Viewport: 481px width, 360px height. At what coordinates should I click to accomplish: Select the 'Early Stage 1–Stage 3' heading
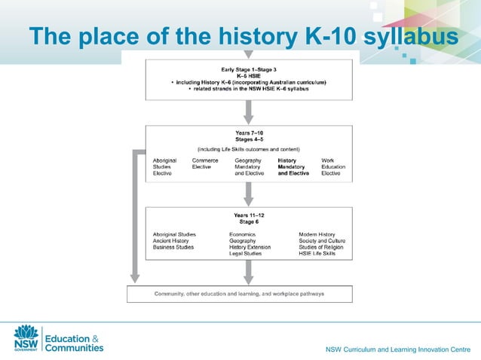click(x=248, y=69)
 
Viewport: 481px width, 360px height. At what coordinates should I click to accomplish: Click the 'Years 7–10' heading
click(x=248, y=132)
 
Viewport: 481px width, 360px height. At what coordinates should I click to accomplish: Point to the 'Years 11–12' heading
click(x=248, y=215)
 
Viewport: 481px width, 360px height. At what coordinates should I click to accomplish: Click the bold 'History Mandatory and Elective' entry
click(x=293, y=166)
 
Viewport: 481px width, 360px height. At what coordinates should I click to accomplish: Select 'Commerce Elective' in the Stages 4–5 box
click(x=205, y=163)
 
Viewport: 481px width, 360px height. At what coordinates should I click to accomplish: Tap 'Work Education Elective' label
click(x=333, y=166)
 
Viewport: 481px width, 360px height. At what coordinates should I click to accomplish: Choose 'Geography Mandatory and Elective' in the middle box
click(x=250, y=166)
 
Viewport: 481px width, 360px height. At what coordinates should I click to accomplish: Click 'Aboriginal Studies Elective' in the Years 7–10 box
click(x=165, y=166)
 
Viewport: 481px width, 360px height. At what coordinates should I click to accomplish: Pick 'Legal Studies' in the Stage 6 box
click(x=245, y=254)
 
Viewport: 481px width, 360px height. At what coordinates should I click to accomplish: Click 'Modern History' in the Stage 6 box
click(x=317, y=234)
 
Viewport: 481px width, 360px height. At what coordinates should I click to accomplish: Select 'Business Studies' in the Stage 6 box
click(x=173, y=247)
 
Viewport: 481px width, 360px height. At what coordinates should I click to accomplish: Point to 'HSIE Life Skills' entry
click(x=317, y=254)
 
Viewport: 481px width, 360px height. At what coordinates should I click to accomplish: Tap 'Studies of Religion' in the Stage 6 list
click(x=320, y=247)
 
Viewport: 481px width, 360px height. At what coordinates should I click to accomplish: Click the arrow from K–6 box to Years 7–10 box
click(x=248, y=111)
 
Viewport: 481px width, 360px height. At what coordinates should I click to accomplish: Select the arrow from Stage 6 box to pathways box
click(x=248, y=273)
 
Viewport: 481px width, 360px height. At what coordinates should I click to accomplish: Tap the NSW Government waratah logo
click(x=26, y=338)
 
